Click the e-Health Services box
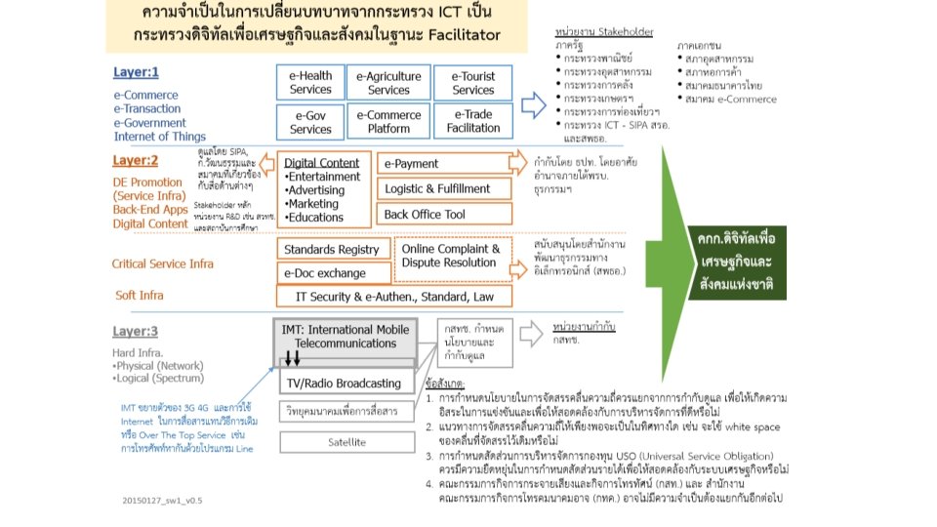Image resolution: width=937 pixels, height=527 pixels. pyautogui.click(x=311, y=83)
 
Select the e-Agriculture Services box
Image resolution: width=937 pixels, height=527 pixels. pyautogui.click(x=389, y=83)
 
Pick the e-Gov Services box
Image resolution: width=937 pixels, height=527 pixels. pyautogui.click(x=311, y=121)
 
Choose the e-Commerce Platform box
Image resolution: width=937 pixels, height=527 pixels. pyautogui.click(x=389, y=121)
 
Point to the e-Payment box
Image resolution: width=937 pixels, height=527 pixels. pyautogui.click(x=446, y=163)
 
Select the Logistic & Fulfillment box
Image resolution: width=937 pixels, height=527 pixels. pyautogui.click(x=446, y=188)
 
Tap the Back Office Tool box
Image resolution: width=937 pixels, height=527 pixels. pyautogui.click(x=446, y=214)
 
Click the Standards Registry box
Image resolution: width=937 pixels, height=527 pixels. pyautogui.click(x=332, y=251)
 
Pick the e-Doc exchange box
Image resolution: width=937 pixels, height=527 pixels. pyautogui.click(x=332, y=273)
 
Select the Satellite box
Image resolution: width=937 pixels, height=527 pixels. pyautogui.click(x=347, y=442)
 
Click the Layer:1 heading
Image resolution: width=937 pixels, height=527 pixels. pyautogui.click(x=137, y=72)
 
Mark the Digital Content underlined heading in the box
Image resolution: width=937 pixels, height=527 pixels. pyautogui.click(x=322, y=163)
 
